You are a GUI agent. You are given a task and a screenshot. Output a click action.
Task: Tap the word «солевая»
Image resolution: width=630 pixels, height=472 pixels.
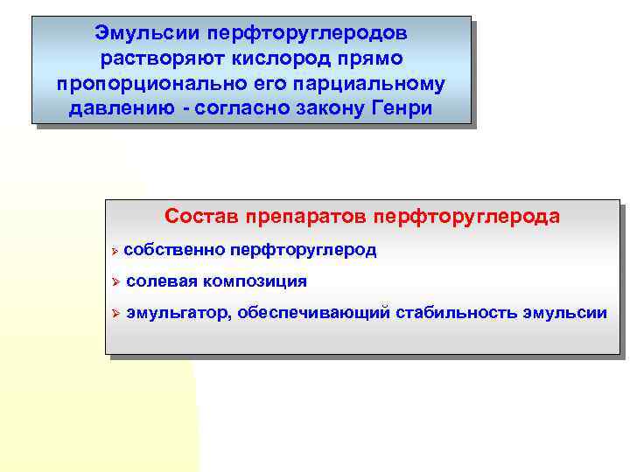pyautogui.click(x=161, y=281)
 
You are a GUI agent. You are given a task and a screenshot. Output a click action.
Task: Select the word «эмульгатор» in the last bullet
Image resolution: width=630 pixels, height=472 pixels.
pyautogui.click(x=178, y=312)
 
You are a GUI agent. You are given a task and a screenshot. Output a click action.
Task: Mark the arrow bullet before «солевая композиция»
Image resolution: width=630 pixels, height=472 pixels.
pyautogui.click(x=115, y=281)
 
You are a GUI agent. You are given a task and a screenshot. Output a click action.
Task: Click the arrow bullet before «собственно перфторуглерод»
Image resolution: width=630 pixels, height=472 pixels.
pyautogui.click(x=115, y=251)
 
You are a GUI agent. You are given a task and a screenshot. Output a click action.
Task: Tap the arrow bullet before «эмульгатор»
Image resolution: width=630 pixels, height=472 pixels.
pyautogui.click(x=115, y=313)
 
